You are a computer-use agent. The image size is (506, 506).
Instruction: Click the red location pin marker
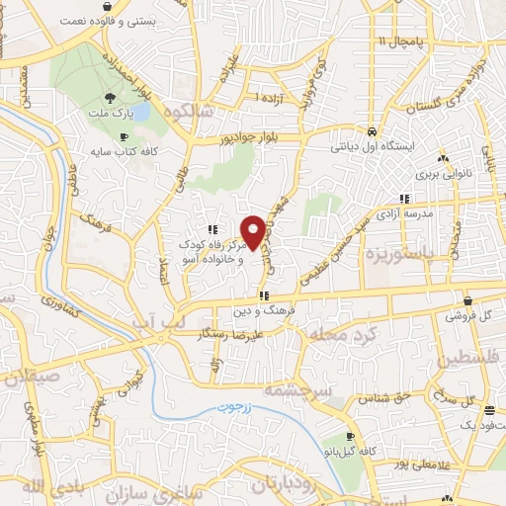(253, 231)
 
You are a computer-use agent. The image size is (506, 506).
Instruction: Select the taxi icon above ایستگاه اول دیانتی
(370, 131)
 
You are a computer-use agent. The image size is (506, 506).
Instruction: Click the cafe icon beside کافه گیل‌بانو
(349, 436)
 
